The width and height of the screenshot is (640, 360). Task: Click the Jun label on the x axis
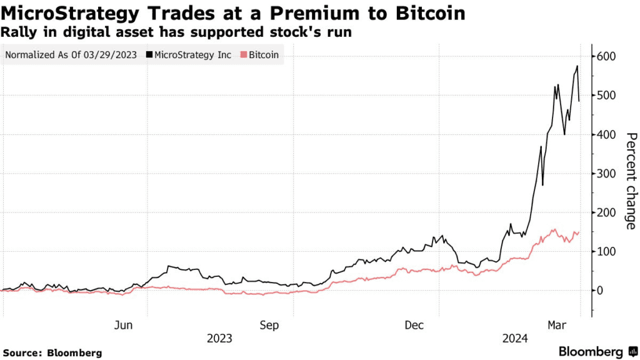pos(124,325)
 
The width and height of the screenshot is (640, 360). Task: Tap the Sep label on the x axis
pos(269,325)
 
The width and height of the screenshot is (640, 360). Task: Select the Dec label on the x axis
pos(414,325)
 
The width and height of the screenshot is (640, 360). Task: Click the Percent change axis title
pos(631,181)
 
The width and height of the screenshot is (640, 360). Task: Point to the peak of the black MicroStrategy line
pos(577,66)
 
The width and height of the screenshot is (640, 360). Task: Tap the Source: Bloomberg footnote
pos(52,353)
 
